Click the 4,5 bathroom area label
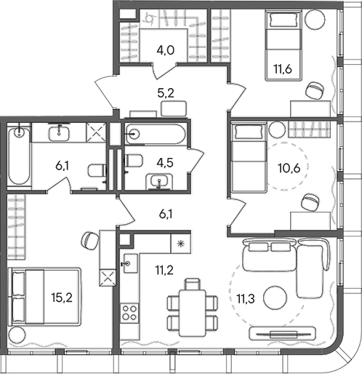pyautogui.click(x=157, y=164)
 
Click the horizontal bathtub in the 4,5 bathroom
pyautogui.click(x=155, y=135)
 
